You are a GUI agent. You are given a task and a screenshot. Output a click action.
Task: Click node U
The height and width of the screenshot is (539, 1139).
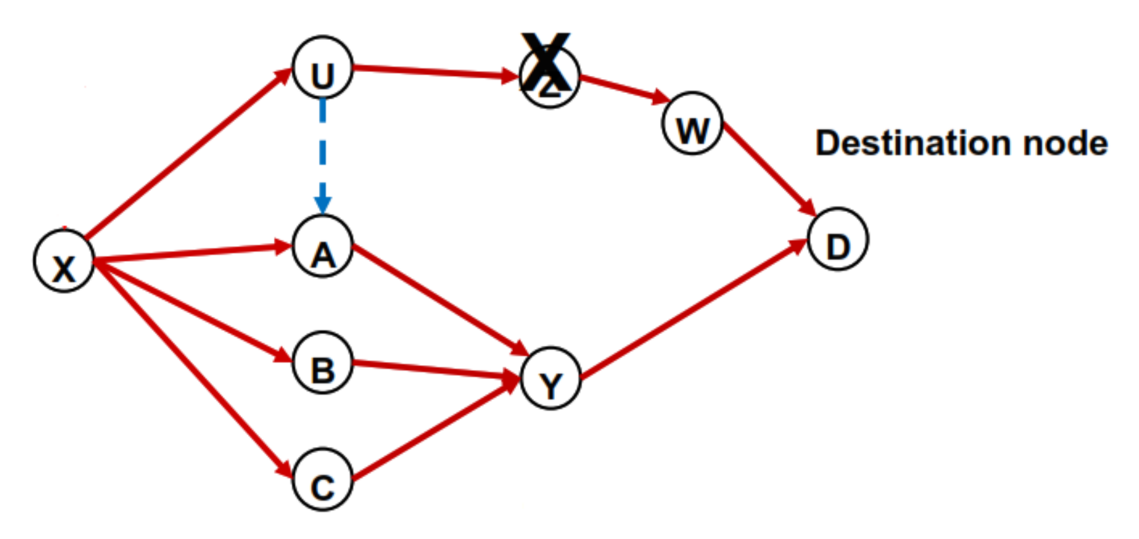(x=323, y=68)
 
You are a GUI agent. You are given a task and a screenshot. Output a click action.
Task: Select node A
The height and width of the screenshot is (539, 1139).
(x=323, y=247)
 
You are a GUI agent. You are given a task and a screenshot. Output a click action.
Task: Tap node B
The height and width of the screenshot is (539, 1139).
(x=323, y=363)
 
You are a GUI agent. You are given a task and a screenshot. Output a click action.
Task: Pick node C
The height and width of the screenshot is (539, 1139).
(x=323, y=480)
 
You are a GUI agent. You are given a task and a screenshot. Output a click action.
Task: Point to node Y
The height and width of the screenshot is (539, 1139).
(x=551, y=378)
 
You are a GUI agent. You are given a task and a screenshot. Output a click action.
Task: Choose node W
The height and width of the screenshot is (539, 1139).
(x=692, y=124)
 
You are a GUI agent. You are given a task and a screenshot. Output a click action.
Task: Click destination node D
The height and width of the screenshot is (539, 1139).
(x=838, y=239)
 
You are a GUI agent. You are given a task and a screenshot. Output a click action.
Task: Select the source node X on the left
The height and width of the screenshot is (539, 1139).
(x=64, y=261)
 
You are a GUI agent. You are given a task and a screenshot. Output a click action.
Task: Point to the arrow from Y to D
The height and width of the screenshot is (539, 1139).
(x=693, y=310)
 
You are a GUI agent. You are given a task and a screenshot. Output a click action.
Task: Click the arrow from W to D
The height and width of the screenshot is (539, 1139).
(x=769, y=168)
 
